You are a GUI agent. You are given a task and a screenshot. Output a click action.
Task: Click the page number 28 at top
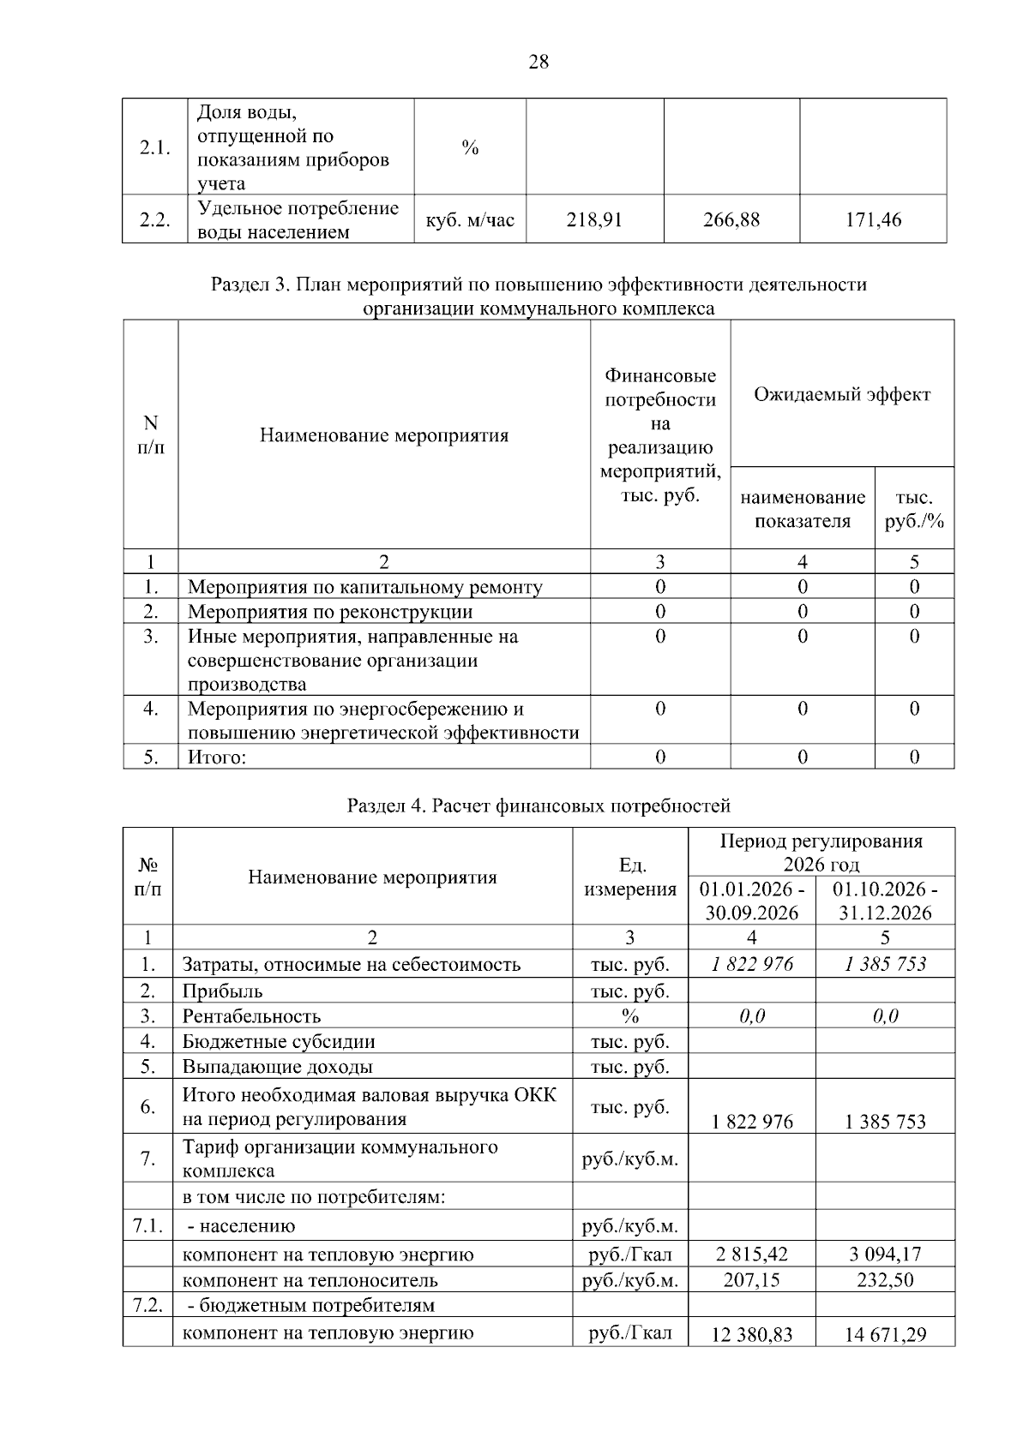pyautogui.click(x=539, y=62)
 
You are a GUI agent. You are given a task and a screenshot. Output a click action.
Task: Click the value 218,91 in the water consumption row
pyautogui.click(x=594, y=220)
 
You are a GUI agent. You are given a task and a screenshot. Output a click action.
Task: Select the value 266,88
pyautogui.click(x=731, y=220)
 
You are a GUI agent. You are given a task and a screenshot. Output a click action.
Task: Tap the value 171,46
pyautogui.click(x=873, y=220)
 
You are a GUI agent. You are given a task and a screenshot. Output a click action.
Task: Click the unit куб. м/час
pyautogui.click(x=470, y=220)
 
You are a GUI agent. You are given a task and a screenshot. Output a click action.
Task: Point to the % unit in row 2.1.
pyautogui.click(x=470, y=147)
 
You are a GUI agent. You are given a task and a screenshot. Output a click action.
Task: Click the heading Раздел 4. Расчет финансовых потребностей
pyautogui.click(x=539, y=805)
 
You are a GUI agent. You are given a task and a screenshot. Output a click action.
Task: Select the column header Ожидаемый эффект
pyautogui.click(x=841, y=394)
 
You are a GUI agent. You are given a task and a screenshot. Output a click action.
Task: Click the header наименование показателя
pyautogui.click(x=803, y=509)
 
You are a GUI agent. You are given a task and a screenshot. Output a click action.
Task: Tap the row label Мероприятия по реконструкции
pyautogui.click(x=330, y=612)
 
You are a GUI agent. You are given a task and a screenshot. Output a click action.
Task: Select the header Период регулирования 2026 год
pyautogui.click(x=821, y=852)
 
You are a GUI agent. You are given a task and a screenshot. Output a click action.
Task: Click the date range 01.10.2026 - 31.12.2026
pyautogui.click(x=885, y=900)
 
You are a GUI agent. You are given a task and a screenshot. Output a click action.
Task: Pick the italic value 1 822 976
pyautogui.click(x=752, y=964)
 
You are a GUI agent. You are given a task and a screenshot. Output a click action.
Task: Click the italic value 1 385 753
pyautogui.click(x=885, y=964)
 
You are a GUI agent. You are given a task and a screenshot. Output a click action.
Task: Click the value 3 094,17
pyautogui.click(x=885, y=1254)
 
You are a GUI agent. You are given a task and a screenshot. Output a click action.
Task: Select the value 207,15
pyautogui.click(x=752, y=1280)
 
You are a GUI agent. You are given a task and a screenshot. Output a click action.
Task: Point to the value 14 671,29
pyautogui.click(x=885, y=1334)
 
